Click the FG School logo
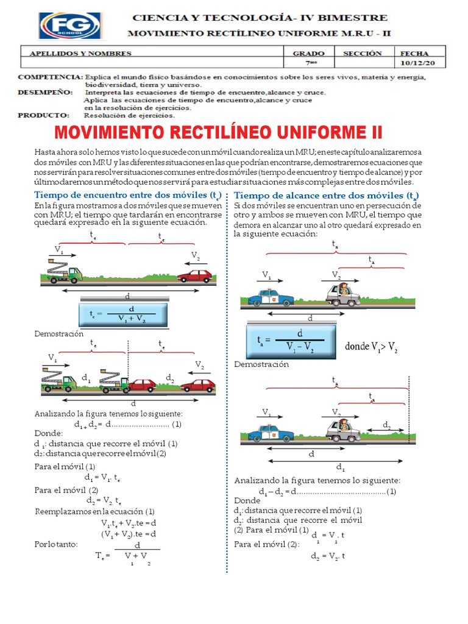click(x=70, y=26)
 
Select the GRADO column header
click(x=308, y=54)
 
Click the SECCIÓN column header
click(x=363, y=54)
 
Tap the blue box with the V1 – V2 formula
click(x=291, y=341)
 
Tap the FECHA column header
click(x=414, y=54)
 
